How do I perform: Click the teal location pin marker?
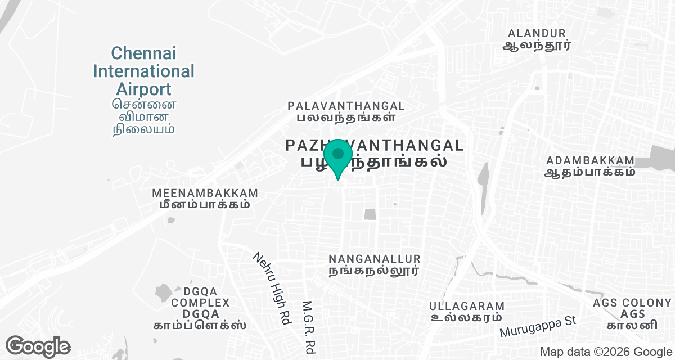coord(337,157)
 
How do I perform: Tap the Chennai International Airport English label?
coord(143,71)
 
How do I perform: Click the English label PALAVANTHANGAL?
coord(346,106)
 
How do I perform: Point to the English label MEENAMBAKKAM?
coord(205,193)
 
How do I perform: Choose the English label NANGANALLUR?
coord(375,259)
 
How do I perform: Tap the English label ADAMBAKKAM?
coord(590,160)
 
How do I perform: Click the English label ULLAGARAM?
coord(466,306)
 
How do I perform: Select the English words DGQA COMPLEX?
coord(200,297)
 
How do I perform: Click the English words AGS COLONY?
coord(624,303)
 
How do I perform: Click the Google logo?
coord(38,346)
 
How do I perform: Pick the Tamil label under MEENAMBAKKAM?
coord(205,205)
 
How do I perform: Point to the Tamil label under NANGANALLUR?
coord(375,271)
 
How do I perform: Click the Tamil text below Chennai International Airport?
coord(143,116)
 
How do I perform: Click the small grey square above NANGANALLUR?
coord(369,214)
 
